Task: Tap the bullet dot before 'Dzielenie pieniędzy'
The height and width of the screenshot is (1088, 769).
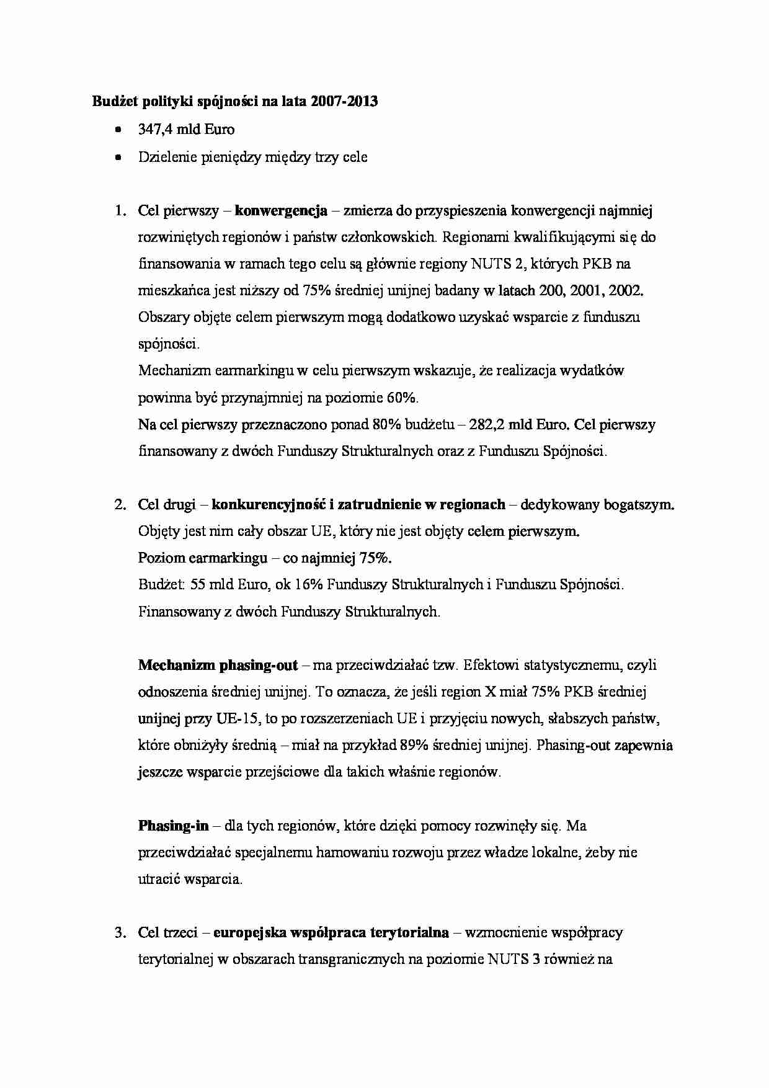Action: coord(118,158)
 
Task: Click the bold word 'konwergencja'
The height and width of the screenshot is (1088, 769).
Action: coord(281,211)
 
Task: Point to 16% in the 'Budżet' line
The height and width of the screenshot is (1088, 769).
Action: coord(308,585)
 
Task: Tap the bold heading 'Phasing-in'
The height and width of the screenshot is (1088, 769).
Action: coord(173,826)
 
